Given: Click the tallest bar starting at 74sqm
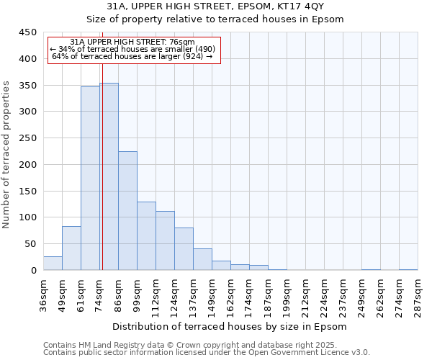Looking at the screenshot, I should (109, 176).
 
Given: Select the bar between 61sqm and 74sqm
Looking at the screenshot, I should (90, 179).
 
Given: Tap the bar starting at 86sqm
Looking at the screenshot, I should (127, 211).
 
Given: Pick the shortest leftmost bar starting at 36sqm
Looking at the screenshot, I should (53, 264).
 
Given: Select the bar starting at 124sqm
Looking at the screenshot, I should (184, 249).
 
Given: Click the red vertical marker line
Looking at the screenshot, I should (102, 166).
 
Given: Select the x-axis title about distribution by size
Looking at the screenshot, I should (230, 326).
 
